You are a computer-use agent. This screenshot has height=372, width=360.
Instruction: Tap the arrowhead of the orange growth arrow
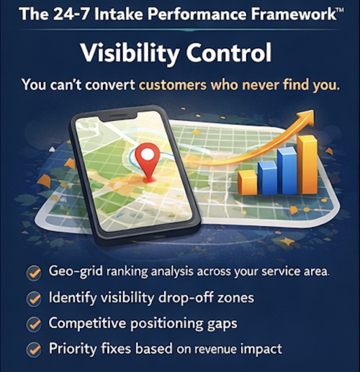(308, 117)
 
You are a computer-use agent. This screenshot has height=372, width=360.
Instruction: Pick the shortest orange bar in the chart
(248, 183)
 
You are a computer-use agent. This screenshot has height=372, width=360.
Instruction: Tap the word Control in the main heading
(235, 53)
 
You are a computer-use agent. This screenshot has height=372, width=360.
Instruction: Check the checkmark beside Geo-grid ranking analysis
(32, 273)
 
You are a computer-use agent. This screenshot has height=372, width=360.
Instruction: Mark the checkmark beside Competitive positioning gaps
(32, 324)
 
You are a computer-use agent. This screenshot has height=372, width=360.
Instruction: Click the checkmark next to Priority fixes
(32, 350)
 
